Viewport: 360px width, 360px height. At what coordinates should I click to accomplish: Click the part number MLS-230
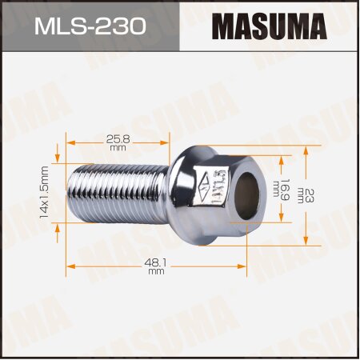click(90, 26)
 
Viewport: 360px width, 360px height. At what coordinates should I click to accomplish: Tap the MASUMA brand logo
click(269, 26)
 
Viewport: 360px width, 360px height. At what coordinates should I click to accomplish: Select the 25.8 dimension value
click(118, 138)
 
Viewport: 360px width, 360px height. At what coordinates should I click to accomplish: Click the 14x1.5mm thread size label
click(45, 193)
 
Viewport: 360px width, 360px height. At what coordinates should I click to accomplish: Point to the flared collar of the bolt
click(181, 194)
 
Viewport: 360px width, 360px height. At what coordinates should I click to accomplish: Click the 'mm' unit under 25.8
click(118, 149)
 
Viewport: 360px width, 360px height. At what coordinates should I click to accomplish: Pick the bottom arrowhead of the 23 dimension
click(307, 240)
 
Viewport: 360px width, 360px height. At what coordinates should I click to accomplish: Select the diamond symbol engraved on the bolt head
click(205, 182)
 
